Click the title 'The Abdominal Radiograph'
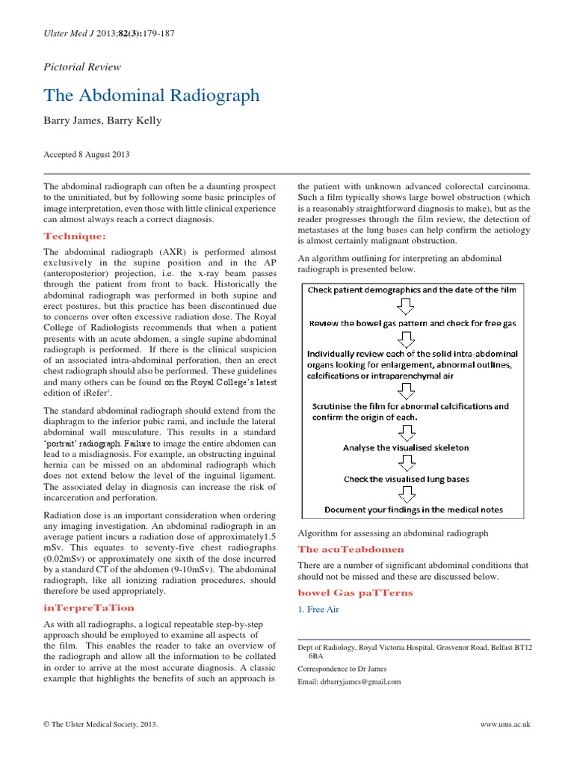point(152,96)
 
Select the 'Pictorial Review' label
point(82,67)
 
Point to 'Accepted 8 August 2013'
point(87,155)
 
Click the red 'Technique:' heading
point(75,236)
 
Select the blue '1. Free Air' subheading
point(318,610)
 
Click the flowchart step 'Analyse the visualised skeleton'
point(406,447)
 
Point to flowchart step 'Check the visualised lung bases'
point(407,479)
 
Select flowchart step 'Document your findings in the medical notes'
point(413,510)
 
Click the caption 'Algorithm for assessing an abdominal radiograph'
point(392,533)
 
